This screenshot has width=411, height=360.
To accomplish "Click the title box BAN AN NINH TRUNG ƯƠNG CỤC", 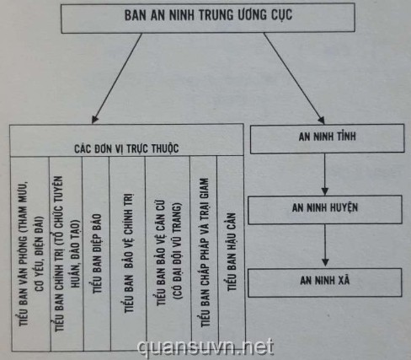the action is [208, 18].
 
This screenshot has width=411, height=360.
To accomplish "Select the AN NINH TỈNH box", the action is [328, 138].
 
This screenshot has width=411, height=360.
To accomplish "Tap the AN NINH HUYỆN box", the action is [325, 209].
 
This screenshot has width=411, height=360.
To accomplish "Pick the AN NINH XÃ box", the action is [325, 282].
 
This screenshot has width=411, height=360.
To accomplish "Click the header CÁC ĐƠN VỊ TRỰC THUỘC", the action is [126, 148].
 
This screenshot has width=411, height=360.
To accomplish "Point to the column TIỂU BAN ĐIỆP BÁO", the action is [97, 254].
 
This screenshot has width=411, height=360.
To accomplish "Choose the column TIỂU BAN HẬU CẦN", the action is [232, 251].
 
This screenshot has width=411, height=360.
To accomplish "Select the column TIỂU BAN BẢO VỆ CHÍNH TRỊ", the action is [129, 253].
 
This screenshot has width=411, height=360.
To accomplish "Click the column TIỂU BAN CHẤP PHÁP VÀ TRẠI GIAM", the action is [205, 252].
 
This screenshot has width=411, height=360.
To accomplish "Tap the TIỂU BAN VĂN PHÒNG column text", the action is [31, 254].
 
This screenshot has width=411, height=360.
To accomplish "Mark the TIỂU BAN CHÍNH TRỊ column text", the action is [67, 254].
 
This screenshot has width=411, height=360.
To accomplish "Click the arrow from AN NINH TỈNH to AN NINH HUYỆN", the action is [325, 175].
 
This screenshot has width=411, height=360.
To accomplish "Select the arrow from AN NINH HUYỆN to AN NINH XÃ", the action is [325, 245].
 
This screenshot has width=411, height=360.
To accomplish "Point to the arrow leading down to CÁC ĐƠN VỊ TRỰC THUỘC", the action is [117, 78].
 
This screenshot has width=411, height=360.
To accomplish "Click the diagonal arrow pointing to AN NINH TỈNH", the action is [294, 78].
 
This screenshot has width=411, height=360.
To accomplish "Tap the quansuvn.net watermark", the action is [205, 348].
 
